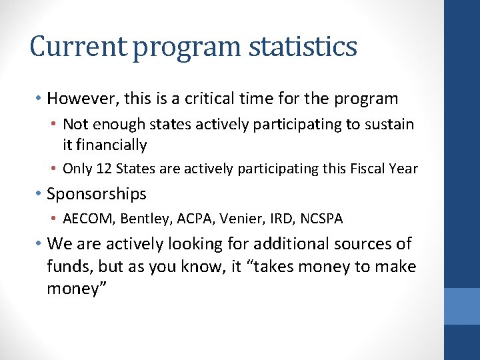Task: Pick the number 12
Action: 104,169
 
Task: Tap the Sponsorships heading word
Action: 97,194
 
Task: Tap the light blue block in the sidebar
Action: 462,306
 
